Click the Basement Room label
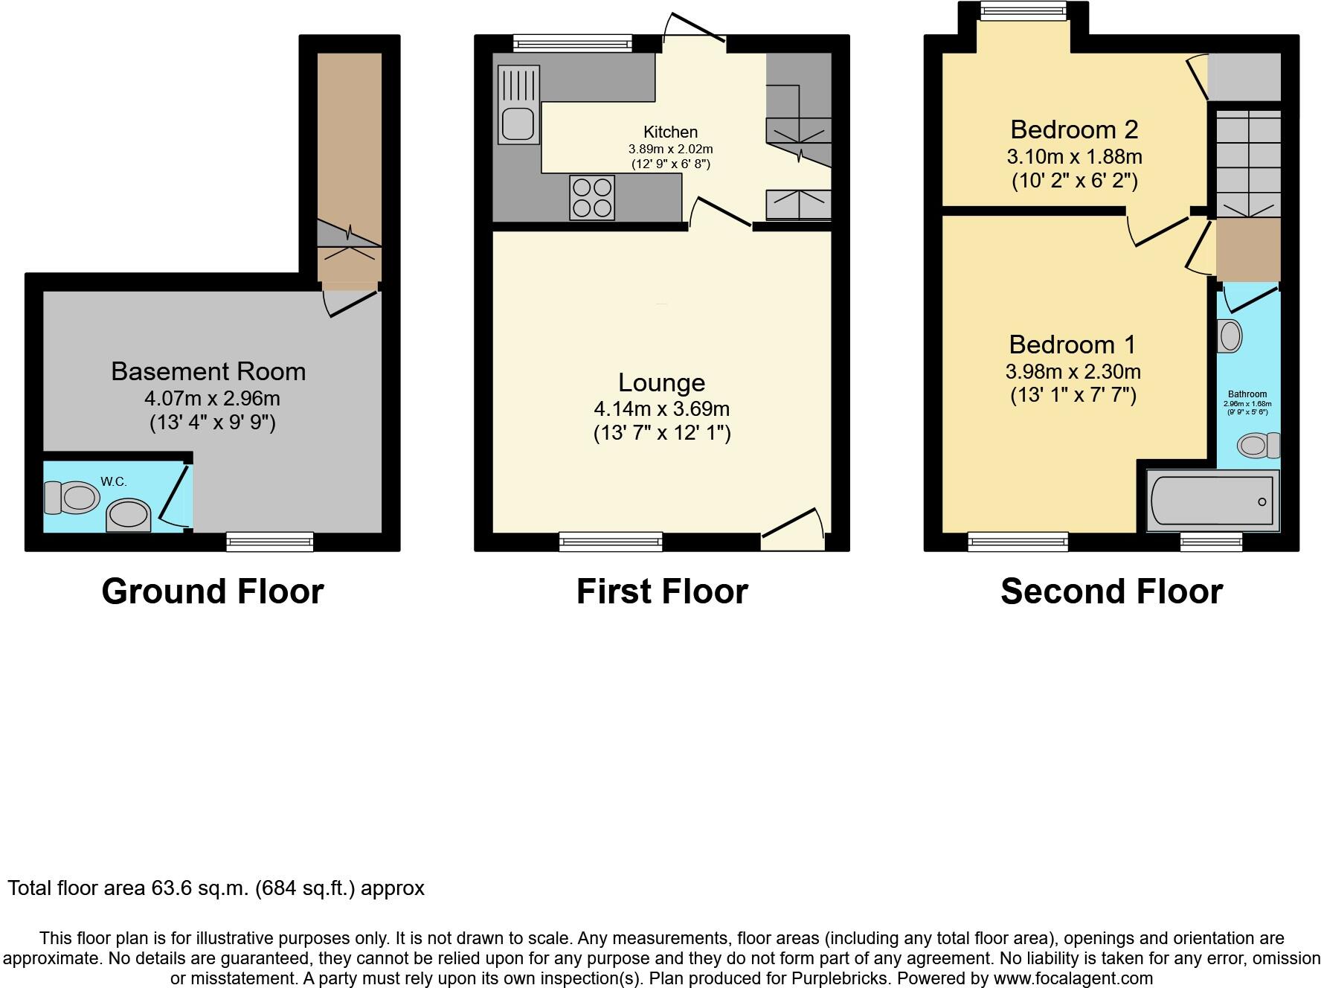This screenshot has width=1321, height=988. (x=208, y=371)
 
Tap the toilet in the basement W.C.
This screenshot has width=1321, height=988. (x=73, y=497)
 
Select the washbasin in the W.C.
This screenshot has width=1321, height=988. (x=128, y=516)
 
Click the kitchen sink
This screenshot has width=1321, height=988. (x=518, y=123)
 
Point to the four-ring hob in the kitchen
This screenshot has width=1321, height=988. (x=592, y=197)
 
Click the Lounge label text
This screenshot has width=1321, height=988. (x=661, y=382)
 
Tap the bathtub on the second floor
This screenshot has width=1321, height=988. (x=1212, y=501)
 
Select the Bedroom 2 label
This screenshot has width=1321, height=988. (x=1074, y=129)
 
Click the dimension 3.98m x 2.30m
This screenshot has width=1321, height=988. (x=1073, y=371)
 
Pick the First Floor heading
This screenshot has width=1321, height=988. (x=662, y=591)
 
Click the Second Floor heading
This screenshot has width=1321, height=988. (x=1111, y=591)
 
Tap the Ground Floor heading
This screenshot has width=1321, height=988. (x=213, y=591)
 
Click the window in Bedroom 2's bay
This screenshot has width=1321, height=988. (x=1023, y=11)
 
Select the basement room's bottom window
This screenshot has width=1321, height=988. (x=270, y=542)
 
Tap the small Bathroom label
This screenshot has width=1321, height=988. (x=1247, y=394)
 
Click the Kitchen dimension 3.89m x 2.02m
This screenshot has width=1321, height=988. (x=670, y=149)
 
